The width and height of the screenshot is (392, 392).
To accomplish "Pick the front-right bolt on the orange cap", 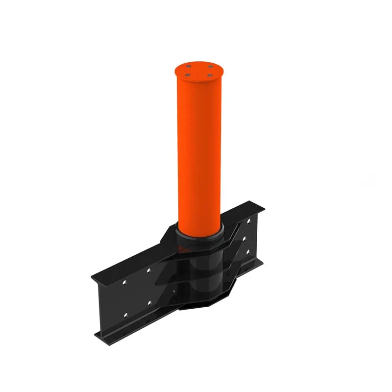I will point(209,76).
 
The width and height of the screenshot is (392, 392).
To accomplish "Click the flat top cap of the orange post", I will point(199,70).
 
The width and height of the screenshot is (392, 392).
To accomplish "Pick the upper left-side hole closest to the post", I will point(148,270).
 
